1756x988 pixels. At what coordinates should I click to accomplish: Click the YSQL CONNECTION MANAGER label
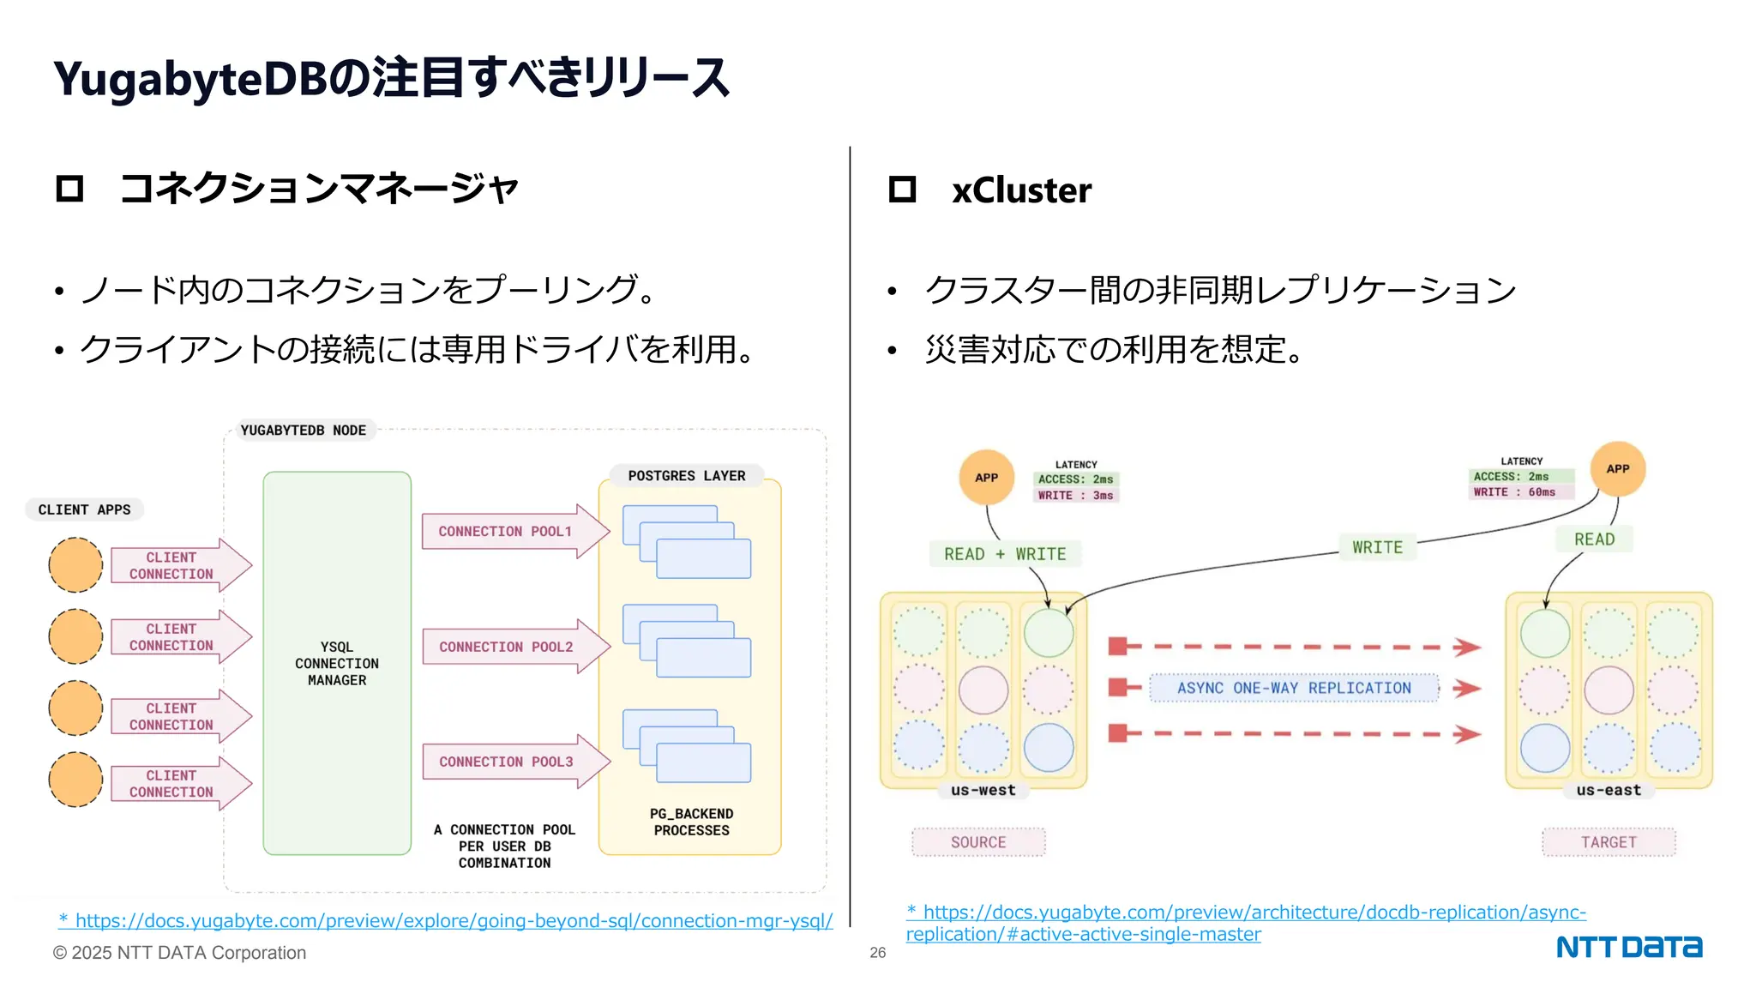337,663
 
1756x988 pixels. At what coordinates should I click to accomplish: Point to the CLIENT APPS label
84,509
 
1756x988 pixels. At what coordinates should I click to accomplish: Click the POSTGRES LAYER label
686,476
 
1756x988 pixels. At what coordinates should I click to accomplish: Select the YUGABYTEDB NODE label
303,431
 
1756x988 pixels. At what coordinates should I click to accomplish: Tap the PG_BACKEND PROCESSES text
691,822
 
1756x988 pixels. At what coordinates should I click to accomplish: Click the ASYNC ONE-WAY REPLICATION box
1293,688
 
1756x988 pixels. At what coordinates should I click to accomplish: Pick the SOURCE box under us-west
978,842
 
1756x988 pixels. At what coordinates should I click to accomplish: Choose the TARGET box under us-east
1609,842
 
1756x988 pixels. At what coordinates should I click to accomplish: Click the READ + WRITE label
1005,554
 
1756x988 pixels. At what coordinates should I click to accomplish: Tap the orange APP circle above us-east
1617,469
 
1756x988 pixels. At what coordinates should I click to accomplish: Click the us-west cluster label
983,790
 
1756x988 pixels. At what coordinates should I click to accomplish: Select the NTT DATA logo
1628,947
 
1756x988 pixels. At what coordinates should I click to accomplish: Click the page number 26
877,953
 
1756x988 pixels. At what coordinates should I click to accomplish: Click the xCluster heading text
1021,190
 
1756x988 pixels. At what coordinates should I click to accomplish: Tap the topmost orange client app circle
75,565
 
